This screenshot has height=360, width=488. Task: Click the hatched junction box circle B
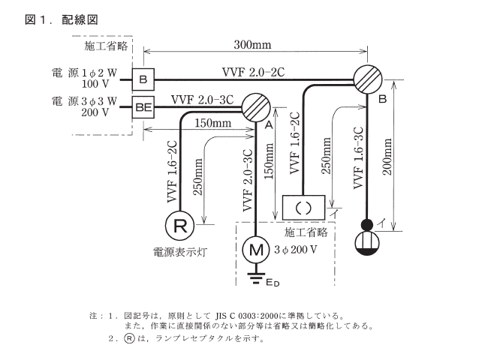click(369, 78)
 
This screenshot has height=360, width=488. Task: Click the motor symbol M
click(257, 247)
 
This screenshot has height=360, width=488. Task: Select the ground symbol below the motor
click(257, 277)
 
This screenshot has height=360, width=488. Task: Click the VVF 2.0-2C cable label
click(253, 72)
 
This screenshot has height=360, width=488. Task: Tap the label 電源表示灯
click(181, 253)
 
